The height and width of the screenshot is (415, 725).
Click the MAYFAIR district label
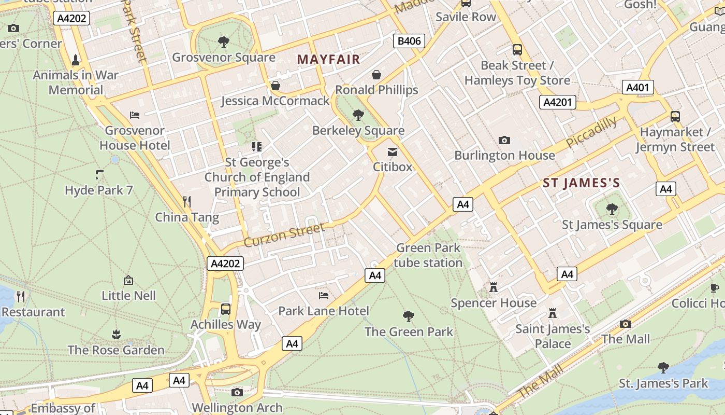[328, 59]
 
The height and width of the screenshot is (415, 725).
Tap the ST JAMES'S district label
[581, 183]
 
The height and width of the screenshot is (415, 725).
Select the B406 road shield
[409, 41]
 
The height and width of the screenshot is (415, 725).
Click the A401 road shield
[637, 87]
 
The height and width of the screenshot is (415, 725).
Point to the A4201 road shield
[557, 102]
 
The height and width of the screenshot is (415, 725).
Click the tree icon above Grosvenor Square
[224, 41]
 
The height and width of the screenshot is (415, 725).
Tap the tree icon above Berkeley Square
[358, 115]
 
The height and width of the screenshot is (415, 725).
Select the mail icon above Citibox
[393, 151]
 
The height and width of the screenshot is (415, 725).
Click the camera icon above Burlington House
[504, 140]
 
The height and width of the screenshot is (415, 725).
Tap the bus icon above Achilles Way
[226, 309]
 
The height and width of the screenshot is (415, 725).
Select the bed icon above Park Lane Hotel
[324, 296]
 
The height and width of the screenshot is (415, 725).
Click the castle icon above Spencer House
[494, 287]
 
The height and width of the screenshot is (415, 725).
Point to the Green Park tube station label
[428, 255]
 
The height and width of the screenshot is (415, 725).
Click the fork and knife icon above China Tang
[187, 201]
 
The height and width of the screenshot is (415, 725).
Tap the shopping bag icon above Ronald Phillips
[376, 75]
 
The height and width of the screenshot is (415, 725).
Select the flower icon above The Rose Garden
[116, 335]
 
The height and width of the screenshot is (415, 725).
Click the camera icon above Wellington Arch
[237, 392]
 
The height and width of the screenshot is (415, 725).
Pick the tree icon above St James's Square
[612, 209]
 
